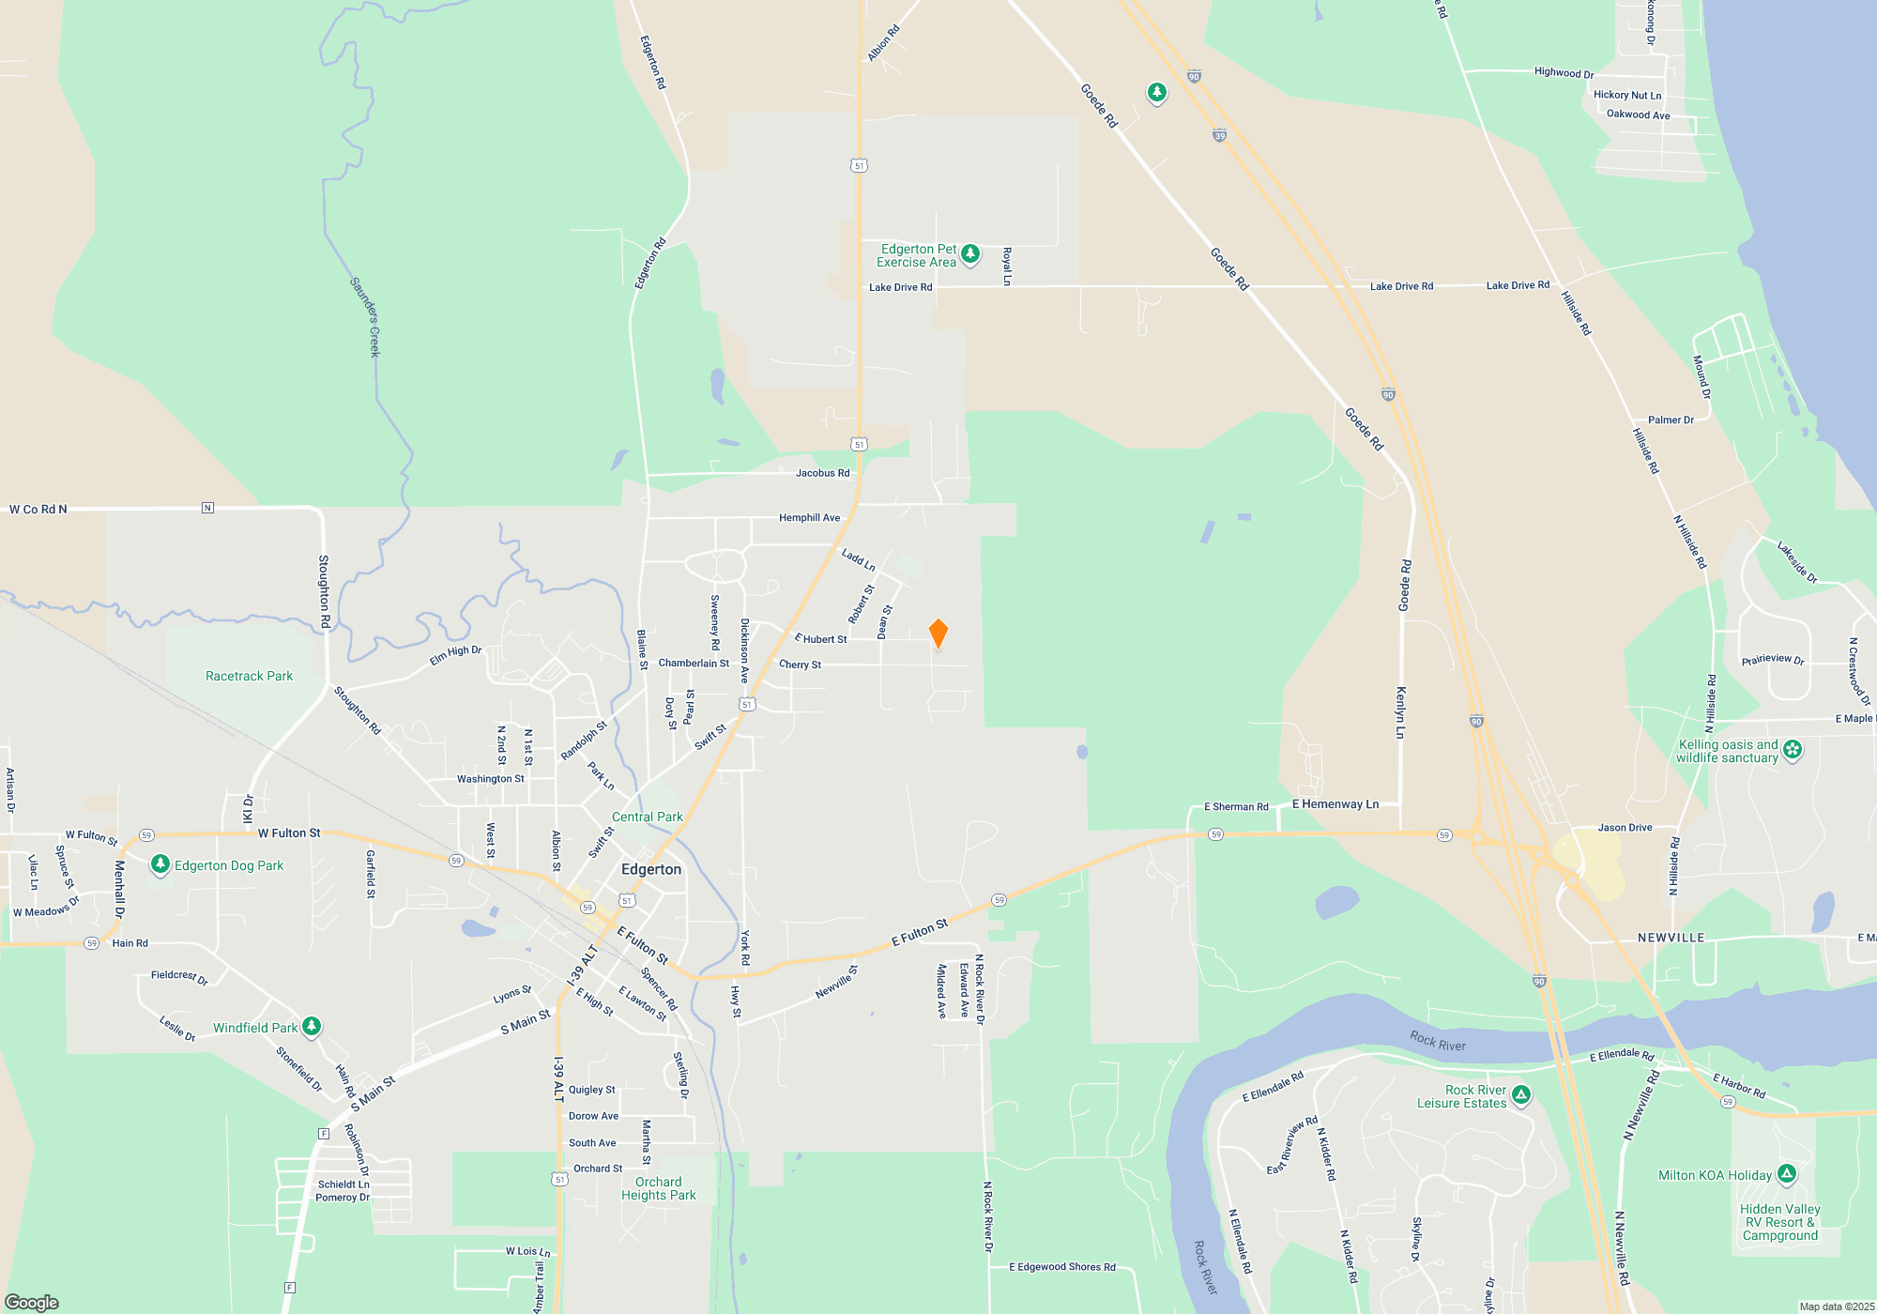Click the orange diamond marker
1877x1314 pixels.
tap(938, 634)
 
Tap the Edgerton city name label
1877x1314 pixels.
tap(651, 869)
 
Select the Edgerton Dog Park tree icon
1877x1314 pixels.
tap(160, 864)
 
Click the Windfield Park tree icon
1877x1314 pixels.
tap(312, 1027)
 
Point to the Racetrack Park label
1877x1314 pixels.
tap(249, 676)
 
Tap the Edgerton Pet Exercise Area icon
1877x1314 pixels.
tap(970, 254)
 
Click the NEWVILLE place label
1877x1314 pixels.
tap(1671, 938)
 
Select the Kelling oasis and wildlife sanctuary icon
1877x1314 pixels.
tap(1793, 749)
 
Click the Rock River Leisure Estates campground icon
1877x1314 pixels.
tap(1521, 1094)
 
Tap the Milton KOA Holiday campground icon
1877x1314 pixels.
tap(1787, 1174)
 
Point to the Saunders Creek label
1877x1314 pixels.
tap(365, 316)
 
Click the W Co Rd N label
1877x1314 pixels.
tap(38, 510)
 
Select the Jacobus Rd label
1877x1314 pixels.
tap(822, 473)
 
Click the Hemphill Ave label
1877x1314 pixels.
tap(809, 518)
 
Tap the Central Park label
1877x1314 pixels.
tap(648, 817)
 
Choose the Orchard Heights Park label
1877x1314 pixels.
tap(659, 1188)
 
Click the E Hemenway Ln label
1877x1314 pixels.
tap(1335, 804)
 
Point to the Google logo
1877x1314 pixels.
tap(32, 1302)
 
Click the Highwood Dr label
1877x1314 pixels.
tap(1564, 72)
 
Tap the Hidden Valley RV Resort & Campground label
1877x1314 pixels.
tap(1780, 1222)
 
